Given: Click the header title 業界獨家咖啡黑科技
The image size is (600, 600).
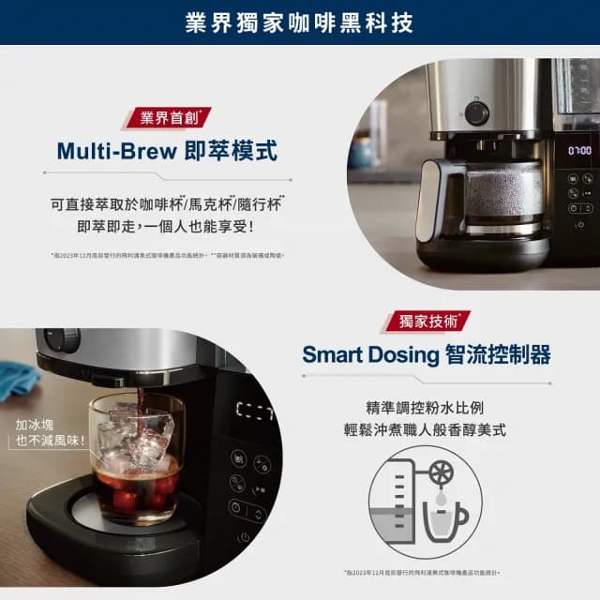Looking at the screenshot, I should coord(300,22).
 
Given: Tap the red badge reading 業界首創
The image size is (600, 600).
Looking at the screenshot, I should coord(168,118).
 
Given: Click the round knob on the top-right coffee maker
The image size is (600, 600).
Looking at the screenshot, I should coord(477,113).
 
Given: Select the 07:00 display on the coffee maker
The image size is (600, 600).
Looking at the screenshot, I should coord(578,150).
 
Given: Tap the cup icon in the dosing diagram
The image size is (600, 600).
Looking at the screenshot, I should coord(446,521).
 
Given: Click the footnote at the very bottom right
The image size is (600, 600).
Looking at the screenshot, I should coord(422,572).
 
